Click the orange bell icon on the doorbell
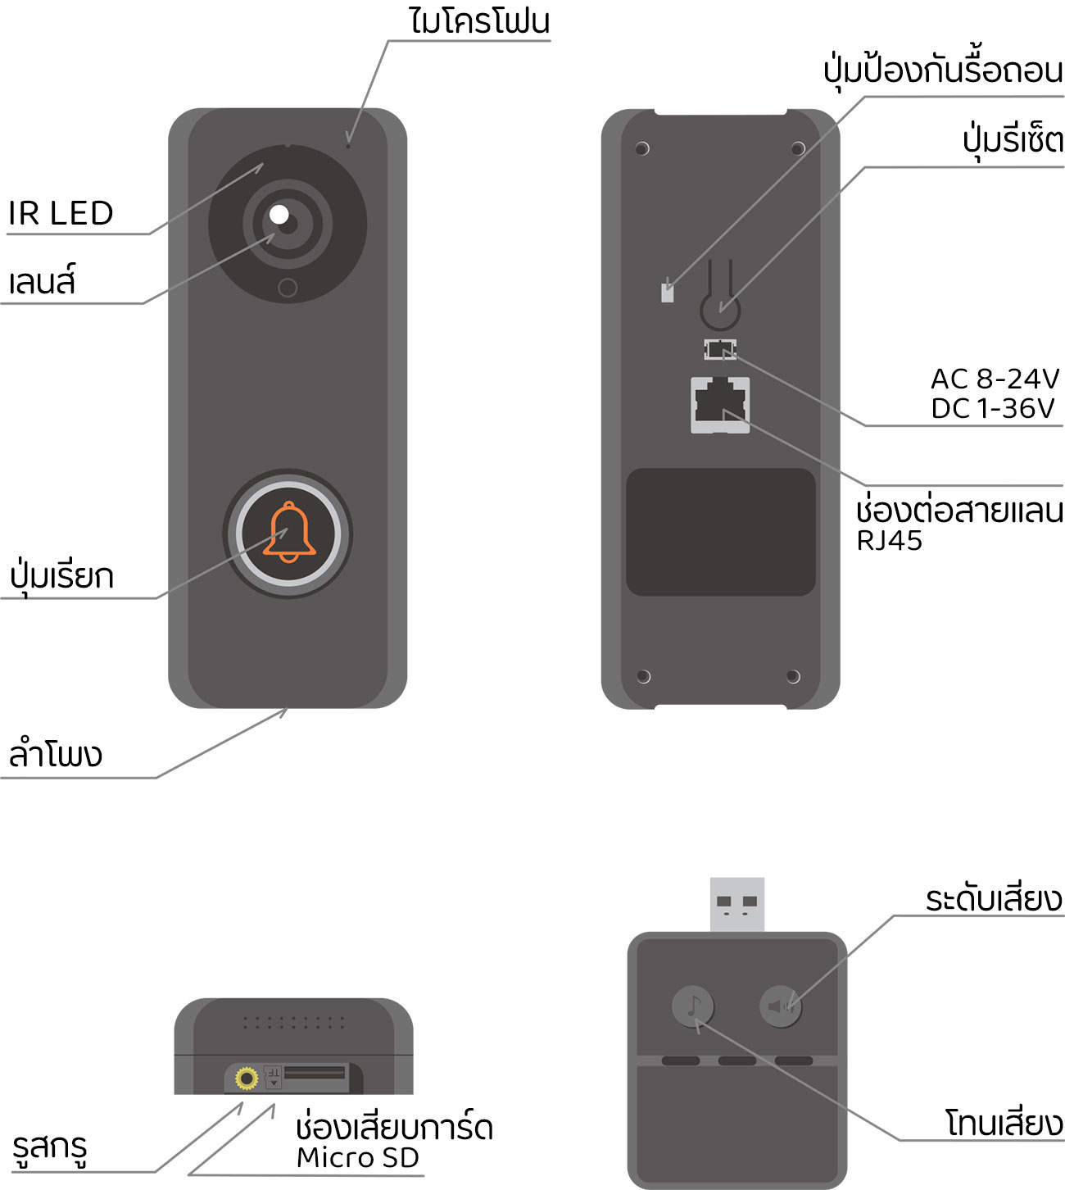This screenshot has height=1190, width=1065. pos(289,532)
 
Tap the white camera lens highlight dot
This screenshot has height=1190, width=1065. pos(279,215)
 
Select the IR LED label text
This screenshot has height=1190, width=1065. pos(61,212)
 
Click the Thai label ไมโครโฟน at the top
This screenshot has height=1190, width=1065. pos(479,21)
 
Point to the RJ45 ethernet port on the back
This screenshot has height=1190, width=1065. pos(720,405)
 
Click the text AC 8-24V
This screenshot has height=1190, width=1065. pos(995,379)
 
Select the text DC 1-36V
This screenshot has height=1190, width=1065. pos(993,409)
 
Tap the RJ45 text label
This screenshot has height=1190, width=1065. pos(889,540)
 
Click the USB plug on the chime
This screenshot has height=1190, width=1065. pos(736,904)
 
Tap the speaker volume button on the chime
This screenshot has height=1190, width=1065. pos(780,1006)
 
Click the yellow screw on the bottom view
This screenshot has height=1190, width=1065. pos(247,1079)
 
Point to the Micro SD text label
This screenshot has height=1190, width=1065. pos(357,1157)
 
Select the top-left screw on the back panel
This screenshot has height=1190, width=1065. pos(642,148)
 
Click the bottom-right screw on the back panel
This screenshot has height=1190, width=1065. pos(793,677)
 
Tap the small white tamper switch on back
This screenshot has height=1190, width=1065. pos(667,293)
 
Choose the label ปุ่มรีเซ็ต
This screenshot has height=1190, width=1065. pos(1013,141)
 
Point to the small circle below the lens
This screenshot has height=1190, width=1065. pos(288,288)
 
